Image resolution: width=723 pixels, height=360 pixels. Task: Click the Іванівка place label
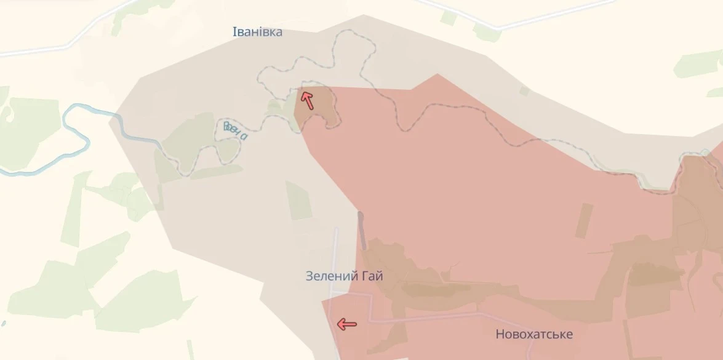257,32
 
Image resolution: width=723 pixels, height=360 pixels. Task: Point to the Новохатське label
533,335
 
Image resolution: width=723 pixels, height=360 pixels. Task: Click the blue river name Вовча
235,130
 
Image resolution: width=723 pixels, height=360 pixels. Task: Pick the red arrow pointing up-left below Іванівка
306,98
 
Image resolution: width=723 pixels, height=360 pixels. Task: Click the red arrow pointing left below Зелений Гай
347,324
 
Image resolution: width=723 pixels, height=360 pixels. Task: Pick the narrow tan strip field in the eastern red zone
583,220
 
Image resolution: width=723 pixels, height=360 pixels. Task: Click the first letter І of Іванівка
234,32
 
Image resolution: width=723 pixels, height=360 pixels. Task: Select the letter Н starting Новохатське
500,335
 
